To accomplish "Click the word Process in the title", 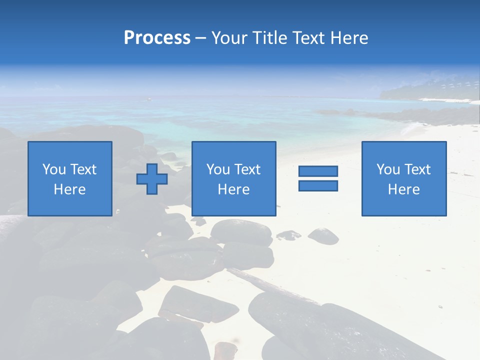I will [157, 38].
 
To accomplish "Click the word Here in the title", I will [348, 38].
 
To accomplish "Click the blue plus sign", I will [152, 179].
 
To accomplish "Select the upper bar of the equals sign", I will [318, 171].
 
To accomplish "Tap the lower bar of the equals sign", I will [318, 186].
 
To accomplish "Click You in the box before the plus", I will [54, 169].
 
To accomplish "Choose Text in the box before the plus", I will [82, 169].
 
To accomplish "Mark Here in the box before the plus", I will [69, 189].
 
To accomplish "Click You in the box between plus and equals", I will [218, 169].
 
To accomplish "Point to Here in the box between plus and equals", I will [233, 189].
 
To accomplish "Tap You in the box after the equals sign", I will [388, 169].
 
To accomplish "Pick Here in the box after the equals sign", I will [403, 189].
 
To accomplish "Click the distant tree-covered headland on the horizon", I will [430, 90].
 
